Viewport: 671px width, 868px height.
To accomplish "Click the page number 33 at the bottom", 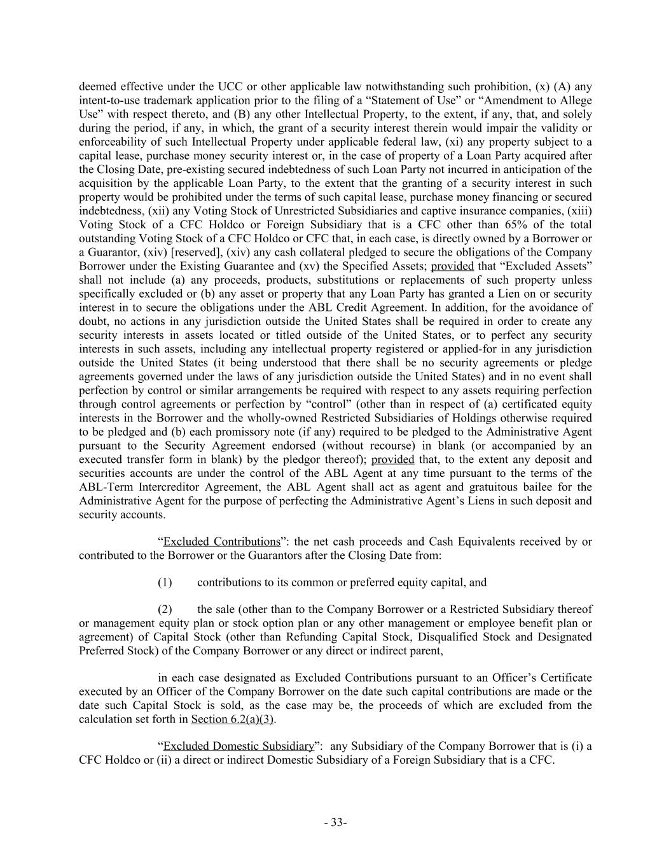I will [x=335, y=822].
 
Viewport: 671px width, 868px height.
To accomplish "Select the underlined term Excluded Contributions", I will [x=221, y=542].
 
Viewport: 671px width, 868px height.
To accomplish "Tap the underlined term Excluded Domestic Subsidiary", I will [x=239, y=746].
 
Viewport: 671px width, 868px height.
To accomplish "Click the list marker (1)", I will [x=165, y=582].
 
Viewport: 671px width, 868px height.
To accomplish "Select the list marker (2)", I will [x=165, y=609].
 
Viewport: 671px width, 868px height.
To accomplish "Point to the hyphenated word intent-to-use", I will [x=111, y=100].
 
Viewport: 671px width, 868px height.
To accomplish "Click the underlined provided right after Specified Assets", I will [x=452, y=266].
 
